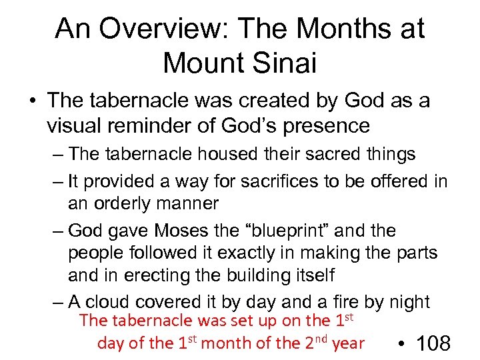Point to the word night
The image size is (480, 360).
pos(407,301)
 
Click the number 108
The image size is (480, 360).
pos(433,344)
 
